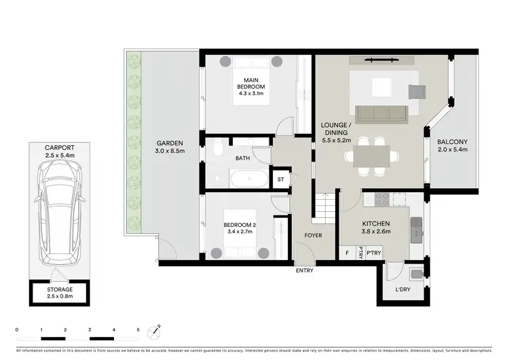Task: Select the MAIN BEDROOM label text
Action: [250, 84]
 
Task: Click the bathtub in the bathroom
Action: [248, 180]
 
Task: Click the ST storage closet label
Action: [280, 180]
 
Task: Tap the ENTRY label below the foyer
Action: [305, 271]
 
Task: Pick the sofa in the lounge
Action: [381, 113]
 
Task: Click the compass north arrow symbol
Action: [158, 331]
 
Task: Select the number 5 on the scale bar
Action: [138, 329]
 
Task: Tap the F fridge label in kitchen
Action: [347, 253]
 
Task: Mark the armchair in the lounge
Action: [415, 91]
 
